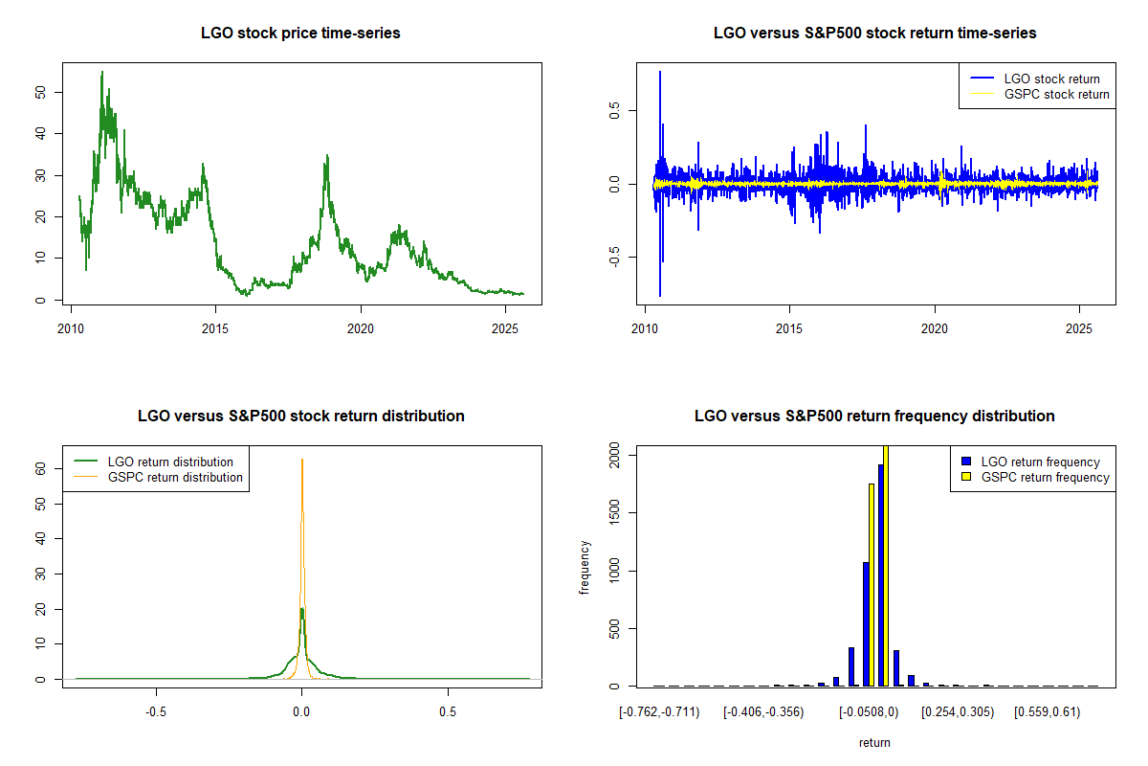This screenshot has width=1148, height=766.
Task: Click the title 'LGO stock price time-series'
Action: (300, 33)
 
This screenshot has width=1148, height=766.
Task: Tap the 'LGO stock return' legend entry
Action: (1051, 79)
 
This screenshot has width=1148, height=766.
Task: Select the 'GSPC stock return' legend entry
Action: (1056, 94)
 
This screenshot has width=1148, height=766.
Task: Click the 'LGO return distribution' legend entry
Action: (170, 462)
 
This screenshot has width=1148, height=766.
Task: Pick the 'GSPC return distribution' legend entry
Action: (175, 477)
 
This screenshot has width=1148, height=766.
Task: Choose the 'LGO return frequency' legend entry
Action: (1040, 462)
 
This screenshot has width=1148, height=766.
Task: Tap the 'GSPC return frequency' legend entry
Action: (1045, 477)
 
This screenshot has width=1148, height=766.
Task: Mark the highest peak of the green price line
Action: (102, 72)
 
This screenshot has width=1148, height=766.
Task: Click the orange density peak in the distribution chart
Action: (302, 460)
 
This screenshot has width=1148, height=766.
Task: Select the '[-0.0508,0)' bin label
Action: (869, 711)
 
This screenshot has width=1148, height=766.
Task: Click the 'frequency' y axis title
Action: (585, 568)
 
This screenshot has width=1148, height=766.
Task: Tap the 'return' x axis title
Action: (874, 742)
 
